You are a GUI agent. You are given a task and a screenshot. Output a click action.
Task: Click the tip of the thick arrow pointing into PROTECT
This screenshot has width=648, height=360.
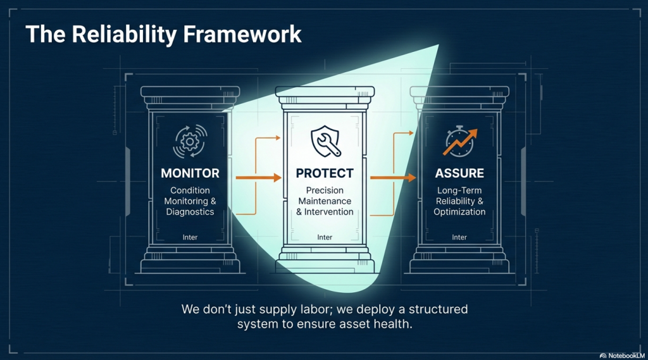282,178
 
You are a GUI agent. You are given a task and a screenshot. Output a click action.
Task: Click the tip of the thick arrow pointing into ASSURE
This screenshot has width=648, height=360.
416,178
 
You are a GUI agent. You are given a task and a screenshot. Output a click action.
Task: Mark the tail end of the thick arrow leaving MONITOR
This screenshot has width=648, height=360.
237,178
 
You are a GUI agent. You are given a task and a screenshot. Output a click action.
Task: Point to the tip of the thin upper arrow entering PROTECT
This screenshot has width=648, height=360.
280,138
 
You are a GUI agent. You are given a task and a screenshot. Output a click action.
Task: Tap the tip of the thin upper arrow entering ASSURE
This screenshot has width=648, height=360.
414,133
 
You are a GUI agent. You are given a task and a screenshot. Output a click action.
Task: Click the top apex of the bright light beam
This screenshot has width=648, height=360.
438,45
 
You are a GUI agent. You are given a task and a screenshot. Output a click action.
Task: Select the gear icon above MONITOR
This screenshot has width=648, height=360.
190,142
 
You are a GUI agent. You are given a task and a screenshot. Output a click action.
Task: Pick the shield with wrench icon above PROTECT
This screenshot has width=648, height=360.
326,141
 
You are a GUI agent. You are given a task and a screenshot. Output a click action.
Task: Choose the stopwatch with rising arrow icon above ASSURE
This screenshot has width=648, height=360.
460,142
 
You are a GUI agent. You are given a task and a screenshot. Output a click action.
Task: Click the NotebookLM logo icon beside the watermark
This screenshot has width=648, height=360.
603,356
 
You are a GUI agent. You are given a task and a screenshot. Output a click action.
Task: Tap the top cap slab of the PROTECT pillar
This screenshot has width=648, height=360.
325,91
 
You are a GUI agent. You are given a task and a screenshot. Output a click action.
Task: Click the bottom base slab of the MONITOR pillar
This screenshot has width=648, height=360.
190,266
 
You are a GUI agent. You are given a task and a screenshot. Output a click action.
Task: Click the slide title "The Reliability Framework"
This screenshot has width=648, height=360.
163,34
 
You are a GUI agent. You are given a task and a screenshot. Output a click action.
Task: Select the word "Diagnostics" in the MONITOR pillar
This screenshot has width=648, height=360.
190,211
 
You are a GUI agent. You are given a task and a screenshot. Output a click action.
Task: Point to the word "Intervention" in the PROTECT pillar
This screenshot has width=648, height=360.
329,211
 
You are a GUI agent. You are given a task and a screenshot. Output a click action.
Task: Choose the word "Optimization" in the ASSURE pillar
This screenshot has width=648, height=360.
459,212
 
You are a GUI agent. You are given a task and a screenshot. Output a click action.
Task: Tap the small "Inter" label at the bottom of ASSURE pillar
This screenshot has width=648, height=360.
459,237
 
